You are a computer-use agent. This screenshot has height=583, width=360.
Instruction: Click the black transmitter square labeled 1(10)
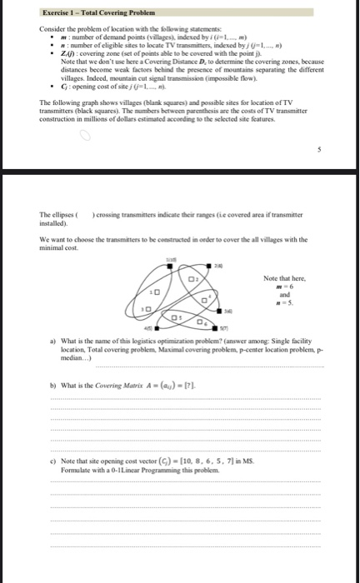click(170, 266)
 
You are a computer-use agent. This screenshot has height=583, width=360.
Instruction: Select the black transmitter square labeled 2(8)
click(208, 266)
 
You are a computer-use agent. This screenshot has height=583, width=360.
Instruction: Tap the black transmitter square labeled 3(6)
click(219, 311)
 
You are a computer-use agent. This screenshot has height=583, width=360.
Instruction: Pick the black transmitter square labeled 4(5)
click(157, 328)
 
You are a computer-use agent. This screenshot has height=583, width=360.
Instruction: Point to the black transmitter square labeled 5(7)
click(215, 328)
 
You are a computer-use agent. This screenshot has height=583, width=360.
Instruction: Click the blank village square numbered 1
click(157, 291)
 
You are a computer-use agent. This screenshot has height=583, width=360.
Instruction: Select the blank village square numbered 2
click(191, 279)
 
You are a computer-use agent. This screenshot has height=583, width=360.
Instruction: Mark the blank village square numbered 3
click(148, 309)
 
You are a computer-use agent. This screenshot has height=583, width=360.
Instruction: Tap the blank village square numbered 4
click(204, 300)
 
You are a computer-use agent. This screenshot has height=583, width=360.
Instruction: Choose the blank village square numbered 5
click(174, 317)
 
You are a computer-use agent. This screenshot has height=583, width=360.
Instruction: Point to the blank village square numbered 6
click(199, 321)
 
